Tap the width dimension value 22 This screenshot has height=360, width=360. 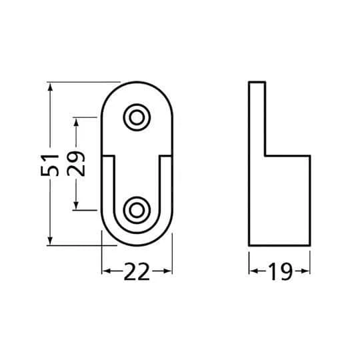(137, 271)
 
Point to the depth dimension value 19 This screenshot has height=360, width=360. (280, 271)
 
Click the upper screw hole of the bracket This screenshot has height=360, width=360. (137, 117)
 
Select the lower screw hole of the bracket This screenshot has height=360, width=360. (137, 209)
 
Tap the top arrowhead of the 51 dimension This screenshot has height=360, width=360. (50, 86)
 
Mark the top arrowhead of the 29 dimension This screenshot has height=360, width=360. (78, 123)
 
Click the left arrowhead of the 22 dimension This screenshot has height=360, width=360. (105, 271)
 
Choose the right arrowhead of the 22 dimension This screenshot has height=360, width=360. (169, 271)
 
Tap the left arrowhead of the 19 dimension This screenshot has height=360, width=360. (253, 271)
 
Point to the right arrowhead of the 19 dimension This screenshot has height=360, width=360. (307, 271)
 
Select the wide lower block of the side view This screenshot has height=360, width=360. (279, 200)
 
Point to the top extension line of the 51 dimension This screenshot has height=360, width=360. (83, 82)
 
